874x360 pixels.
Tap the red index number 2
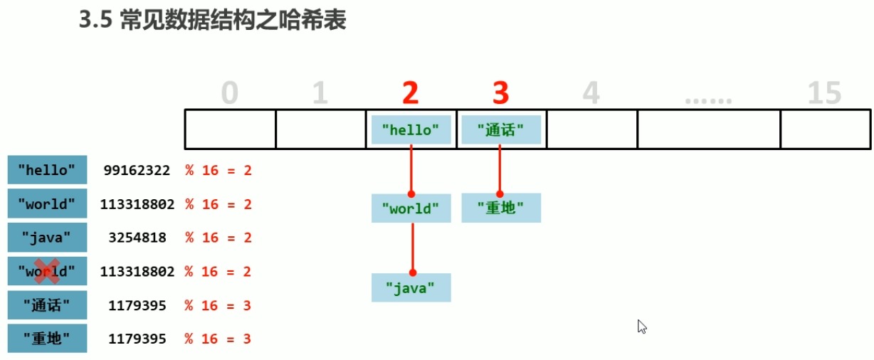click(410, 93)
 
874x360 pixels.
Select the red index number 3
click(501, 93)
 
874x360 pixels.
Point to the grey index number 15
click(825, 93)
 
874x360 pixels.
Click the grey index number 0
click(229, 93)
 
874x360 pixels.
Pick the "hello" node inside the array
click(411, 129)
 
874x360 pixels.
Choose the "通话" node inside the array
click(501, 129)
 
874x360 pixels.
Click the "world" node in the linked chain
click(411, 208)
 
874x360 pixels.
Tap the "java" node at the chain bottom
click(411, 287)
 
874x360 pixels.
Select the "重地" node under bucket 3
click(501, 208)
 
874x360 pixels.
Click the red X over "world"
click(47, 271)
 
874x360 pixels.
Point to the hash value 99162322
click(137, 171)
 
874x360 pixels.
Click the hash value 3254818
click(137, 238)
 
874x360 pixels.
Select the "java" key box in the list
click(47, 238)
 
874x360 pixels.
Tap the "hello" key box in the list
click(47, 171)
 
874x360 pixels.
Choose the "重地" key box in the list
click(47, 339)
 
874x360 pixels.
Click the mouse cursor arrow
click(641, 326)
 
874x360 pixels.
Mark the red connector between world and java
click(412, 247)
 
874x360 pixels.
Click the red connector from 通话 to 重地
click(500, 169)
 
